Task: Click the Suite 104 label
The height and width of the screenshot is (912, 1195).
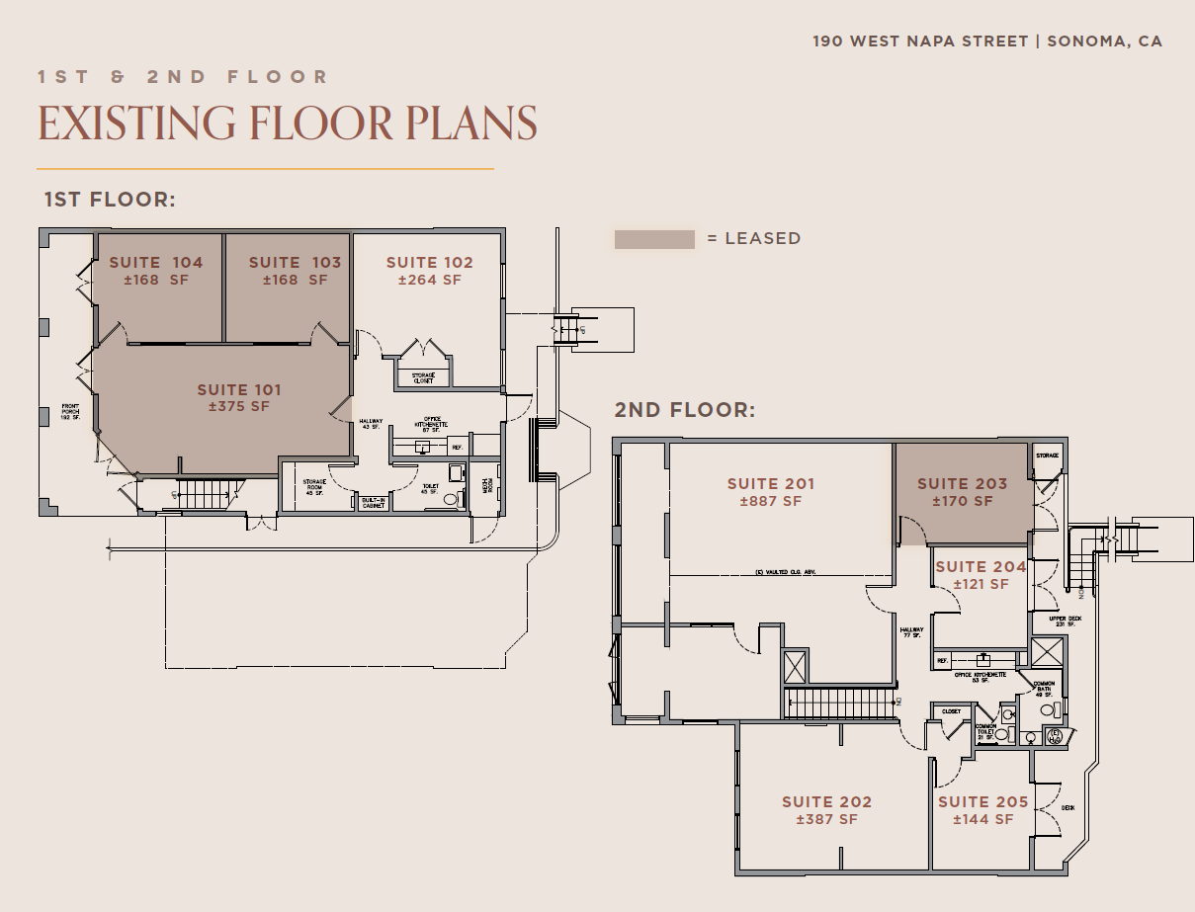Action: tap(156, 262)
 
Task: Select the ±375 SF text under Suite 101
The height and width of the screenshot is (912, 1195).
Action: tap(239, 406)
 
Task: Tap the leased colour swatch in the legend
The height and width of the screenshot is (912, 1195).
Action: tap(654, 239)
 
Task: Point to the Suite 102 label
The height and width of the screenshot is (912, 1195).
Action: tap(429, 262)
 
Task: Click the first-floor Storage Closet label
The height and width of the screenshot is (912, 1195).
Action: tap(423, 377)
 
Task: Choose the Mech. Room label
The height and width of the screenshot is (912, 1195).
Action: tap(485, 487)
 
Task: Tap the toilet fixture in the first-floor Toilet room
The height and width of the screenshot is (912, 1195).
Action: tap(453, 499)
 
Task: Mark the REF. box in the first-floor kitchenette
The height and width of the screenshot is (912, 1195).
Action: tap(458, 447)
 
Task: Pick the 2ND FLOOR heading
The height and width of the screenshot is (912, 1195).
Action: tap(684, 410)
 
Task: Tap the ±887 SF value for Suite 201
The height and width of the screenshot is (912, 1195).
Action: tap(771, 501)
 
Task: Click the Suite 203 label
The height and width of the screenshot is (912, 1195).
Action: tap(962, 483)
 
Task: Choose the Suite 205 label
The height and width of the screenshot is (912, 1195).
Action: tap(982, 802)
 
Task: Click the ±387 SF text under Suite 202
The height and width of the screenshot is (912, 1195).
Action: tap(826, 819)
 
